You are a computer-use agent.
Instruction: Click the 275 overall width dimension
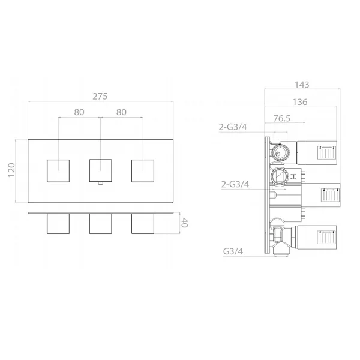pyautogui.click(x=100, y=97)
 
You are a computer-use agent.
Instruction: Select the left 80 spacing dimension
pyautogui.click(x=79, y=112)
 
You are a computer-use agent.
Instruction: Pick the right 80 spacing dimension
pyautogui.click(x=121, y=112)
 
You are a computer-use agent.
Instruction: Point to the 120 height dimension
pyautogui.click(x=11, y=170)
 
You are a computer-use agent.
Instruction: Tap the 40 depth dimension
pyautogui.click(x=184, y=223)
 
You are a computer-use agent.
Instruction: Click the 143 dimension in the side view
pyautogui.click(x=302, y=85)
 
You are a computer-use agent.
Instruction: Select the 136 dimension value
pyautogui.click(x=300, y=102)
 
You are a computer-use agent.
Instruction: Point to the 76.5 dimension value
pyautogui.click(x=282, y=118)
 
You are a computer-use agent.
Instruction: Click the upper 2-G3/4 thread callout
pyautogui.click(x=233, y=127)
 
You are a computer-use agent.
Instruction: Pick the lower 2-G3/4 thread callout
pyautogui.click(x=235, y=184)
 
